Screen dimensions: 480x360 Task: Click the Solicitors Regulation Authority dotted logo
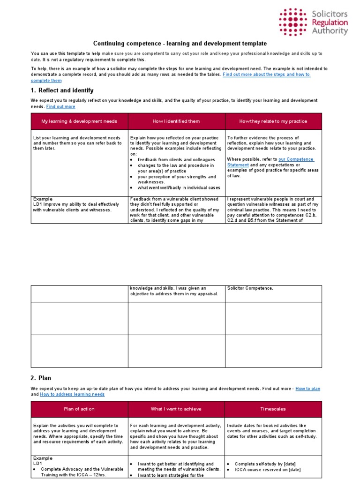pos(292,22)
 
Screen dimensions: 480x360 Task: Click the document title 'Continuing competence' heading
pos(180,43)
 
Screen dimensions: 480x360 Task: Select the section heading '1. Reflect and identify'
pos(62,90)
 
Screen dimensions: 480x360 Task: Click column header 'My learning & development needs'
pos(79,121)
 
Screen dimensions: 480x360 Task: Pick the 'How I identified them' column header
pos(176,121)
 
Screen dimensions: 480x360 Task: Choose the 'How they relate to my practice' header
pos(273,121)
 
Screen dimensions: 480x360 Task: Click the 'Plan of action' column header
pos(79,409)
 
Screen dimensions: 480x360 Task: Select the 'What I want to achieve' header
pos(176,409)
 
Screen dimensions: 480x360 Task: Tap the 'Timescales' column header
pos(273,409)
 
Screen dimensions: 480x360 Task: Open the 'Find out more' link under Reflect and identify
pos(60,107)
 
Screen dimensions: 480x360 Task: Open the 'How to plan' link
pos(307,389)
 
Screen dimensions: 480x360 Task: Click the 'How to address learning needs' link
pos(72,395)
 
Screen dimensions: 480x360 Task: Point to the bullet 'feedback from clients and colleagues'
pos(176,160)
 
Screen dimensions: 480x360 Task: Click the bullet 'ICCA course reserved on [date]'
pos(267,470)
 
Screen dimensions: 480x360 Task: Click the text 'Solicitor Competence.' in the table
pos(250,288)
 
